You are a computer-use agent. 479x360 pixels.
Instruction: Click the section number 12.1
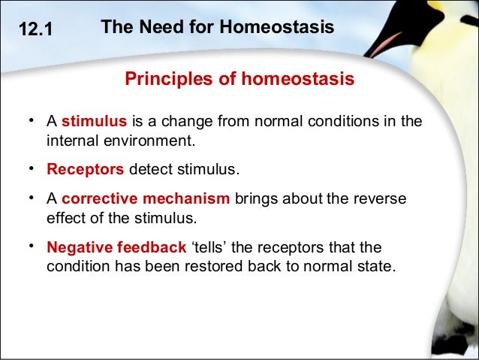tap(35, 31)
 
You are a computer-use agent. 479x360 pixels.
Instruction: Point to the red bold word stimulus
tap(94, 122)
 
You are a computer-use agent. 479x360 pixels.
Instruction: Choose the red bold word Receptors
tap(85, 169)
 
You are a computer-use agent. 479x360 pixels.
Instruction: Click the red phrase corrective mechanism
tap(146, 199)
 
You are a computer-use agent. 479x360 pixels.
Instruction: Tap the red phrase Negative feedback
tap(116, 247)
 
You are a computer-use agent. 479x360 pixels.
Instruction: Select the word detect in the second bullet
tap(149, 169)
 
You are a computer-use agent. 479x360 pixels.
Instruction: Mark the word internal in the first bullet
tap(71, 140)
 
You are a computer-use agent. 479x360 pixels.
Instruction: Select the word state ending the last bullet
tap(374, 266)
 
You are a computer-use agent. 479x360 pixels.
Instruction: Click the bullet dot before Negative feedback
tap(32, 247)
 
